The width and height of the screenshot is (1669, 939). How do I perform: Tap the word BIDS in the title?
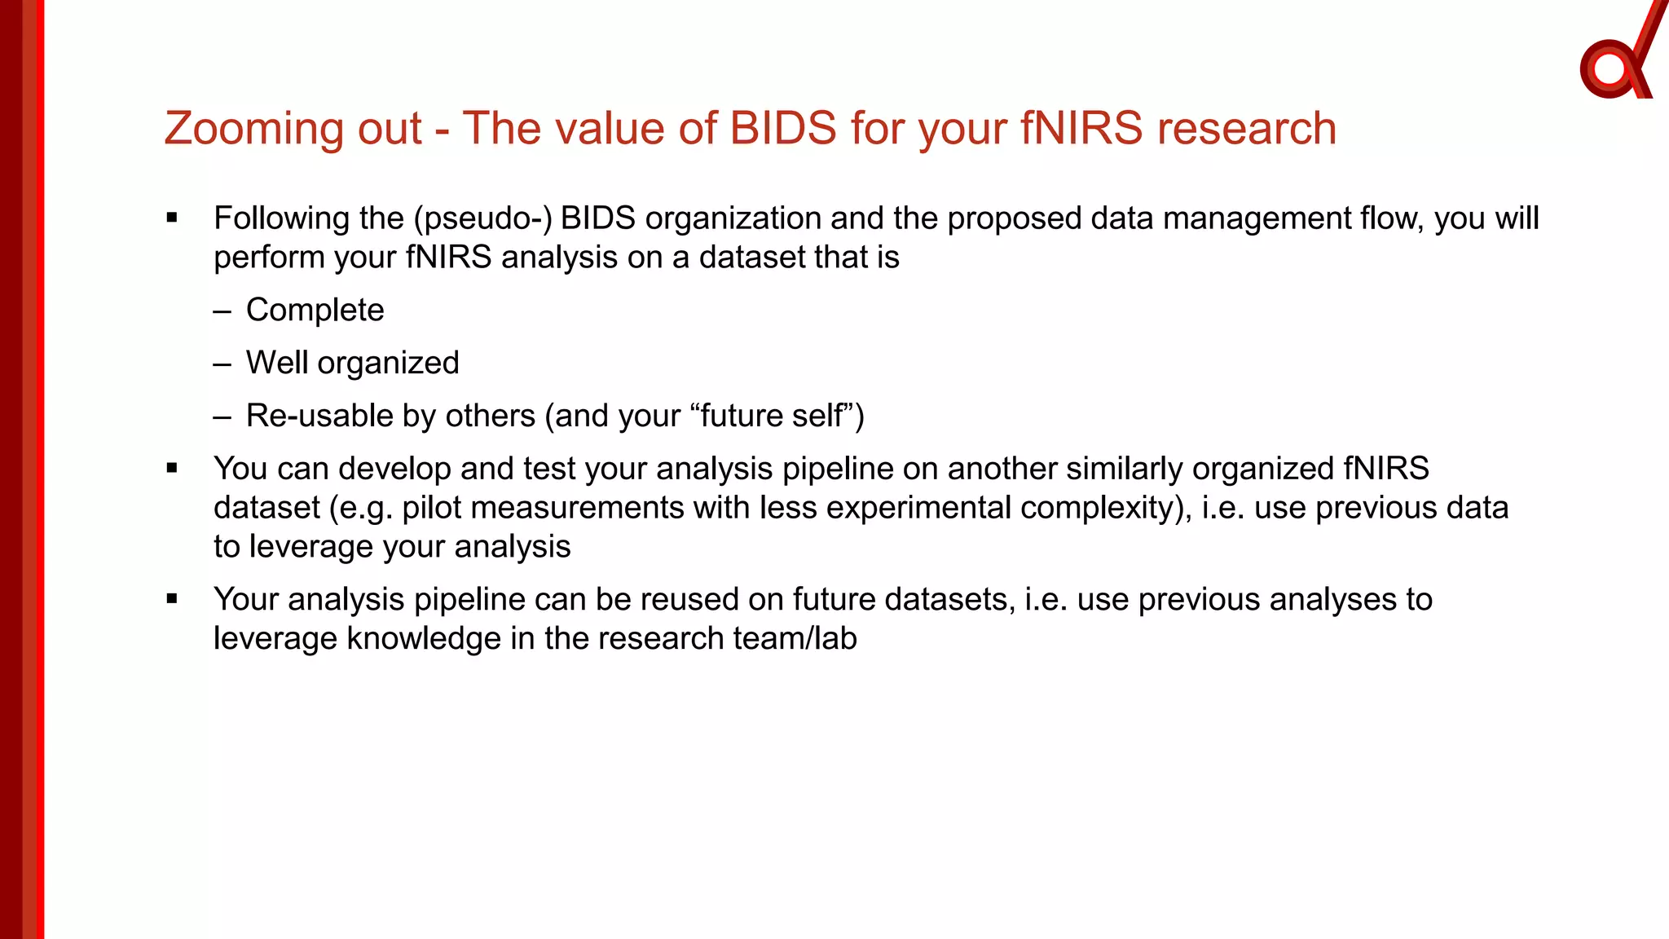782,129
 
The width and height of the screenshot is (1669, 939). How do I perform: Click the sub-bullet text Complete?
315,311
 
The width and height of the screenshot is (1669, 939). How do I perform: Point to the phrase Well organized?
352,363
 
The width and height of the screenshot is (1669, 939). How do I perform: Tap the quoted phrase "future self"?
771,416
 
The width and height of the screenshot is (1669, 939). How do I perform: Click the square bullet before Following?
171,218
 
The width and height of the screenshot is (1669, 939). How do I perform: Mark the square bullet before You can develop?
171,469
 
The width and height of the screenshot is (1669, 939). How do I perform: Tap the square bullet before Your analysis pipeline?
171,599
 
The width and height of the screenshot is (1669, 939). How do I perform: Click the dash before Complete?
222,311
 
